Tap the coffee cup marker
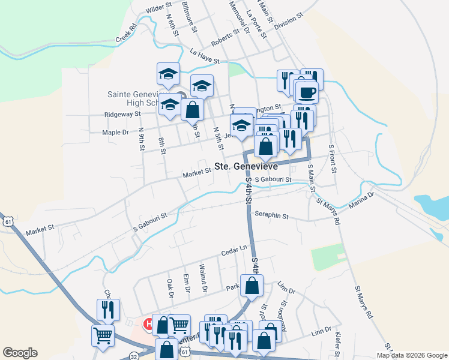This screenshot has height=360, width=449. pyautogui.click(x=307, y=92)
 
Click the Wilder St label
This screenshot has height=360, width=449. pyautogui.click(x=159, y=8)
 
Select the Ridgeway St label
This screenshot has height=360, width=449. pyautogui.click(x=122, y=113)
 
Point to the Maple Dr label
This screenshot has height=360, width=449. pyautogui.click(x=115, y=132)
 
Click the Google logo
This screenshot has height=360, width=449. pyautogui.click(x=20, y=353)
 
